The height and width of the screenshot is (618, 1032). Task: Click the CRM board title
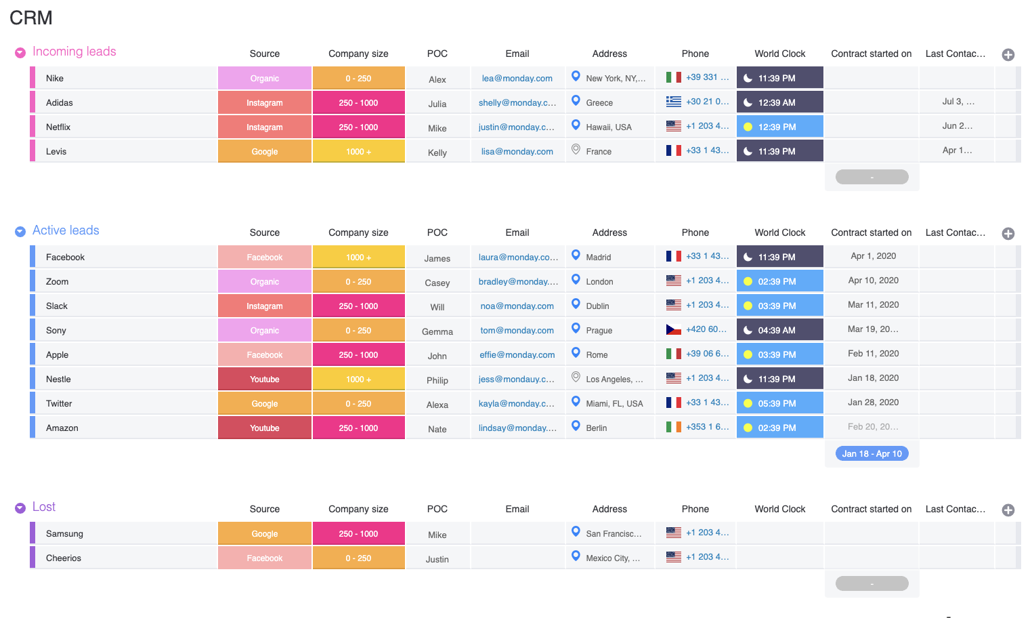tap(31, 18)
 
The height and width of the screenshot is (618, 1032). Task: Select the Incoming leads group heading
tap(74, 52)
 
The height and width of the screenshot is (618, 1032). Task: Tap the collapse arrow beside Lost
tap(20, 508)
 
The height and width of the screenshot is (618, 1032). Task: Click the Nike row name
tap(55, 79)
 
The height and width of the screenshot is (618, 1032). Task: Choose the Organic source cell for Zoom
tap(264, 282)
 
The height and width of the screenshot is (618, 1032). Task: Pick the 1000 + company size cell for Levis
tap(358, 152)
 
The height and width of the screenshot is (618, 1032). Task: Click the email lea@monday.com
tap(517, 79)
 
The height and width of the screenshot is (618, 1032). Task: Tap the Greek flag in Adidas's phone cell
tap(673, 102)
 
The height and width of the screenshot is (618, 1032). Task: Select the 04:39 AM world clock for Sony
tap(779, 331)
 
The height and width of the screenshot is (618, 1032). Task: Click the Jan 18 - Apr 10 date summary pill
tap(872, 454)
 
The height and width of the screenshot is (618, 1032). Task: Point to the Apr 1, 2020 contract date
tap(873, 256)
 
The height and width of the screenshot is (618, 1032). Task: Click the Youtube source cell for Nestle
tap(264, 379)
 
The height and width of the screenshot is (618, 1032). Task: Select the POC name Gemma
tap(437, 332)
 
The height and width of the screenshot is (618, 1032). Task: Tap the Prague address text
tap(599, 331)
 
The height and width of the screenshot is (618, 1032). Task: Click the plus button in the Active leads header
tap(1008, 234)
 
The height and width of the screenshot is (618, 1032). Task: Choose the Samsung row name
tap(64, 534)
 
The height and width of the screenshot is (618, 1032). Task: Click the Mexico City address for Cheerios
tap(612, 558)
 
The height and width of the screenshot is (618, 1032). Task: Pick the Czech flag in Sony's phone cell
tap(673, 329)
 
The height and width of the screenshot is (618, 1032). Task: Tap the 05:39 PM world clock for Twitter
tap(779, 404)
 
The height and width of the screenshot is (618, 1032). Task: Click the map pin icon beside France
tap(576, 150)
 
